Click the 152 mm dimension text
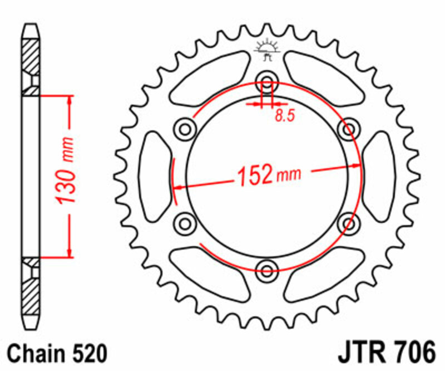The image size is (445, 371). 269,175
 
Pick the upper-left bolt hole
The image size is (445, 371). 185,129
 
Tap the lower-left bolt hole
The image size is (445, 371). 185,224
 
